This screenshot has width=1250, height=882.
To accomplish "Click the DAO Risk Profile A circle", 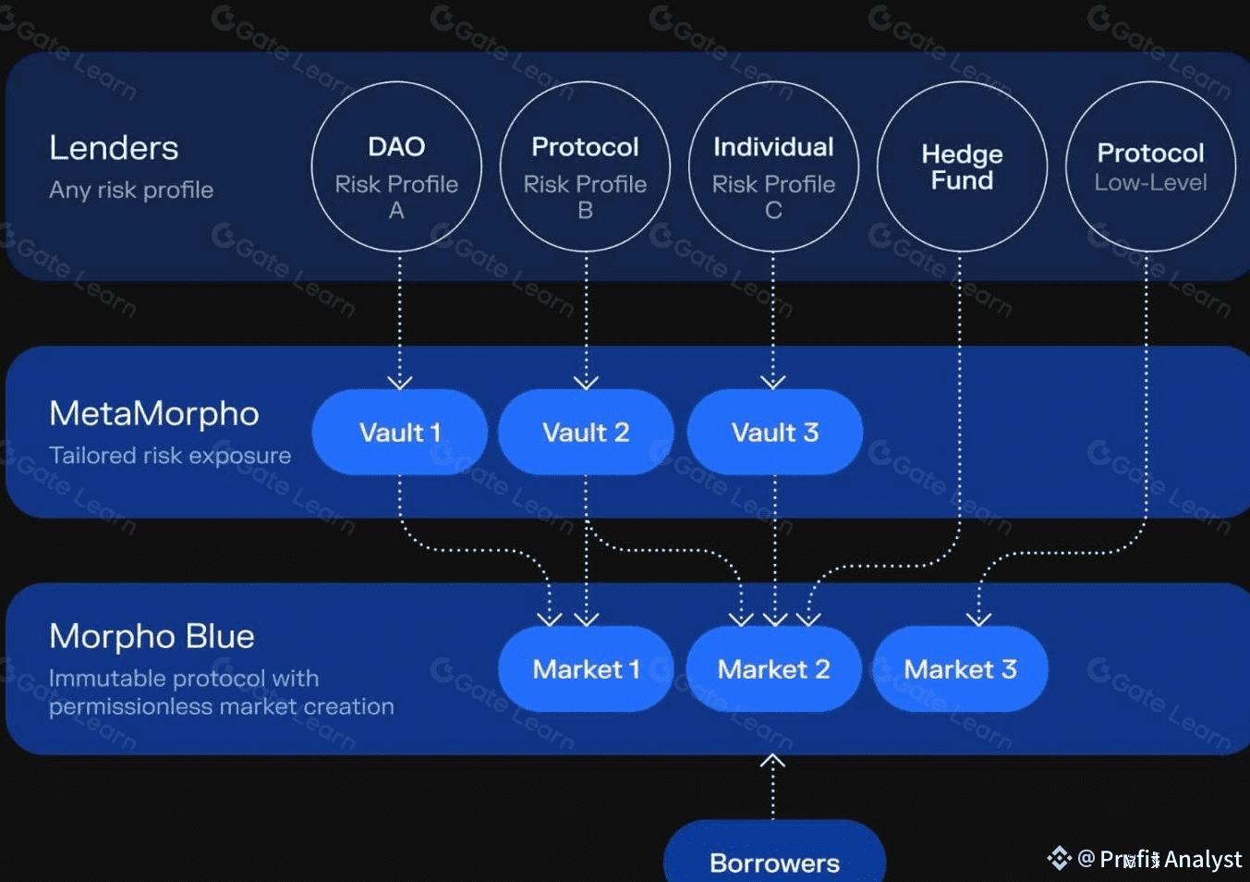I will pyautogui.click(x=396, y=166).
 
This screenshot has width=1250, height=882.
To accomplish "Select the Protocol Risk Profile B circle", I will pyautogui.click(x=585, y=166).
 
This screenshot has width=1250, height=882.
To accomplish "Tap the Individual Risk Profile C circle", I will pyautogui.click(x=773, y=166).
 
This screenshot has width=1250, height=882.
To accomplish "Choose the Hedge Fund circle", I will pyautogui.click(x=962, y=166).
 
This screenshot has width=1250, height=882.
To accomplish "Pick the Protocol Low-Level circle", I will pyautogui.click(x=1150, y=166).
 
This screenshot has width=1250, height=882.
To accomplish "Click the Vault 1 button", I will pyautogui.click(x=399, y=432).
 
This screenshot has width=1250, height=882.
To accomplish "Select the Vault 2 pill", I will pyautogui.click(x=586, y=432).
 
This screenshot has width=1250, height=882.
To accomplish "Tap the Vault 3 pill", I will pyautogui.click(x=775, y=432).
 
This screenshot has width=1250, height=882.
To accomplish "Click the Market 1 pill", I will pyautogui.click(x=586, y=668).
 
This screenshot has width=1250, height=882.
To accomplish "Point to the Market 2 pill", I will pyautogui.click(x=774, y=668).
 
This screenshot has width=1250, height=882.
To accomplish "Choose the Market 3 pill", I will pyautogui.click(x=960, y=668).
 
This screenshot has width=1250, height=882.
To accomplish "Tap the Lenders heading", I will pyautogui.click(x=114, y=148).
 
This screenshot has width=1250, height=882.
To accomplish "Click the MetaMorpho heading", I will pyautogui.click(x=154, y=413).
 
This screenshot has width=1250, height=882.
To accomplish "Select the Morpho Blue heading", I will pyautogui.click(x=152, y=636).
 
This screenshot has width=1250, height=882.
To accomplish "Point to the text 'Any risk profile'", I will pyautogui.click(x=131, y=190).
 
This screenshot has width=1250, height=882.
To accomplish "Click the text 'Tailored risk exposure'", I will pyautogui.click(x=170, y=455).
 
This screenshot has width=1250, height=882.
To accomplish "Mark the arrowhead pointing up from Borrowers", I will pyautogui.click(x=772, y=762).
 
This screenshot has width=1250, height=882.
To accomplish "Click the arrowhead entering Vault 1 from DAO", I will pyautogui.click(x=399, y=382).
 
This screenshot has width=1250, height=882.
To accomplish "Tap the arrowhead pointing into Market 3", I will pyautogui.click(x=979, y=619).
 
